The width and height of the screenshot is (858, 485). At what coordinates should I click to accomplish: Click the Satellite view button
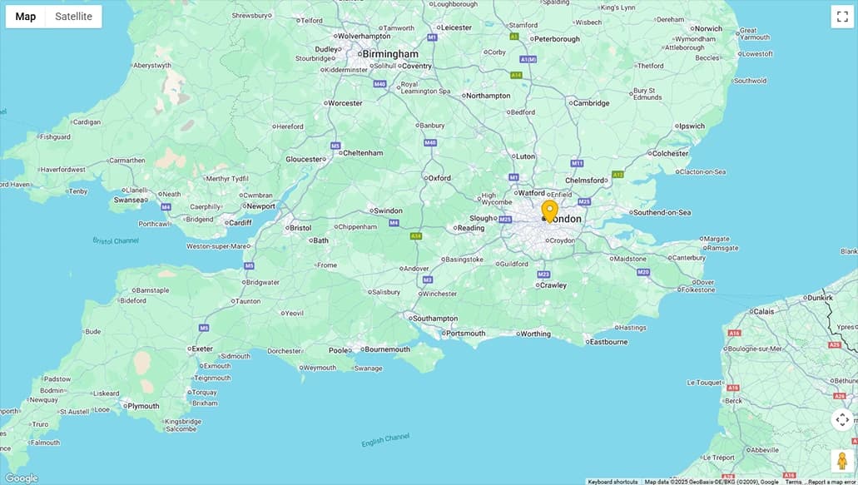[73, 17]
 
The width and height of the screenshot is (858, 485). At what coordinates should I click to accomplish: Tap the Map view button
[26, 17]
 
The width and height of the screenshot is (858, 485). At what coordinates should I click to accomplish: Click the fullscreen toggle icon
[841, 17]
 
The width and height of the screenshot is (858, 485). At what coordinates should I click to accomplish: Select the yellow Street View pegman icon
[841, 460]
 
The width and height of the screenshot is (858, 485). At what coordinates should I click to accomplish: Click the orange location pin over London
[549, 210]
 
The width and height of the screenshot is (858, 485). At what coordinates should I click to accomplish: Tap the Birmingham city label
[390, 54]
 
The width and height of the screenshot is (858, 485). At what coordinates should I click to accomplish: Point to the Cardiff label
[240, 222]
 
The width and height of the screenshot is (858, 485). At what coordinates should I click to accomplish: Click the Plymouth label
[143, 406]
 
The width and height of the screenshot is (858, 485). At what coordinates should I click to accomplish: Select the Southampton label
[435, 319]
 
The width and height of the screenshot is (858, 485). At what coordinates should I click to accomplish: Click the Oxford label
[439, 178]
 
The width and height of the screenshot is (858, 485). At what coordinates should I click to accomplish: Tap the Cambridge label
[591, 103]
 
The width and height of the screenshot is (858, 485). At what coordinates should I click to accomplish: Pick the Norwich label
[708, 28]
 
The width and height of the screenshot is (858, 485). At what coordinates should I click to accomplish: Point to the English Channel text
[385, 440]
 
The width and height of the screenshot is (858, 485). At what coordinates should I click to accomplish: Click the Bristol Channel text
[116, 241]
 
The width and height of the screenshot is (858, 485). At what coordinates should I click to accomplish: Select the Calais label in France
[763, 311]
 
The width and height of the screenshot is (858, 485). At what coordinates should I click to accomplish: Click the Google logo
[21, 478]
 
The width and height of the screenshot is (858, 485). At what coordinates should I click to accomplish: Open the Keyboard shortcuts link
[613, 482]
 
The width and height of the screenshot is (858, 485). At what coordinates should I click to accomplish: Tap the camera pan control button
[841, 419]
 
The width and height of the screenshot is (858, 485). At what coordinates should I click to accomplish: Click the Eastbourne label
[609, 342]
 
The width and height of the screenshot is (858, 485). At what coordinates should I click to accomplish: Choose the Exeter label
[202, 349]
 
